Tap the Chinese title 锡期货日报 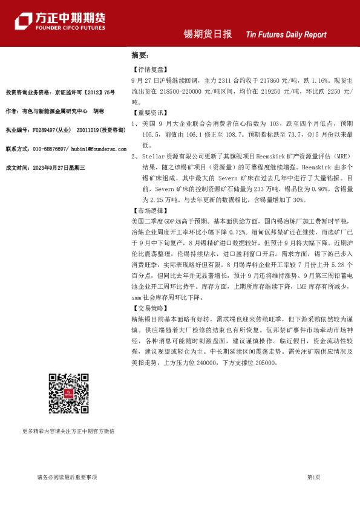click(x=208, y=34)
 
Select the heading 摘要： click(x=140, y=55)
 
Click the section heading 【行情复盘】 click(x=148, y=70)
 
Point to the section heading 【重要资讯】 click(x=148, y=112)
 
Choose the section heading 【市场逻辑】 click(x=148, y=210)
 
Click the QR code click(x=67, y=393)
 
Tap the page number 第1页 click(x=313, y=478)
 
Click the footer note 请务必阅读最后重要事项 click(x=67, y=478)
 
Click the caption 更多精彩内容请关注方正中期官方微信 click(x=68, y=431)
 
